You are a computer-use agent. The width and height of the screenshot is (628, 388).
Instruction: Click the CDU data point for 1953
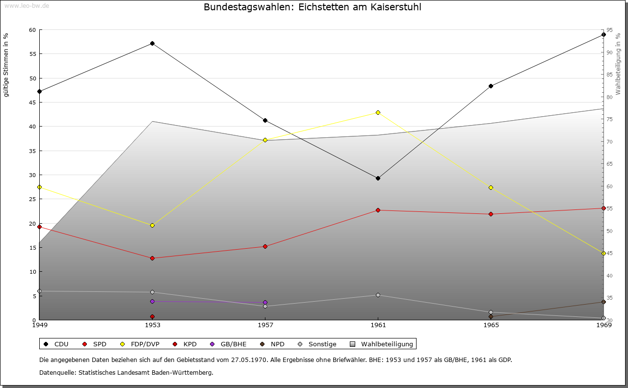point(152,44)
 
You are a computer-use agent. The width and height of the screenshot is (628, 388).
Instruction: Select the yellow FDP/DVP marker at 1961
point(378,112)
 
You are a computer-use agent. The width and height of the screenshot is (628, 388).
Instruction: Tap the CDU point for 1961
point(378,178)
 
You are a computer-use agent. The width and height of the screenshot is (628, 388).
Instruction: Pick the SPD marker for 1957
point(265,246)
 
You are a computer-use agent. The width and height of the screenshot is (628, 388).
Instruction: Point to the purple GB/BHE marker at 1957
point(265,303)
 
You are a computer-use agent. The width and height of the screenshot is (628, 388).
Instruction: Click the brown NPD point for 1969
point(603,302)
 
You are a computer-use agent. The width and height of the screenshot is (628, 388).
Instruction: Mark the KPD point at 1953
point(152,317)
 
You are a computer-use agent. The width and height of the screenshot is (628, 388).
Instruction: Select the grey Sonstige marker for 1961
point(378,295)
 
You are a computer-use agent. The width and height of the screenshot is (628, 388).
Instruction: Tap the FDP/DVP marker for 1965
point(491,187)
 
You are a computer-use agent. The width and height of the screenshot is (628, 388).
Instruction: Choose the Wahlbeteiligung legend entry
point(382,344)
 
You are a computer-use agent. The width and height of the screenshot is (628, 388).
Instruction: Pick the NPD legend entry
point(272,344)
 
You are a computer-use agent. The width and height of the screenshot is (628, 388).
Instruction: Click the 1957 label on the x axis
point(265,325)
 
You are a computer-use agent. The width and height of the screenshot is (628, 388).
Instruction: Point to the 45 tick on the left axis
point(32,103)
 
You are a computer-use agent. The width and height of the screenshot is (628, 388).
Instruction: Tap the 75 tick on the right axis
point(609,119)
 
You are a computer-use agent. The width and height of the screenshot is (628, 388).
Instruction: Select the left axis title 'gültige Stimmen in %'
point(6,65)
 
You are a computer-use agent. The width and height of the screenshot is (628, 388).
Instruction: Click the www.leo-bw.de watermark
point(27,5)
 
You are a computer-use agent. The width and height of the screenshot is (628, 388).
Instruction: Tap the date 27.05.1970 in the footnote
point(249,360)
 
